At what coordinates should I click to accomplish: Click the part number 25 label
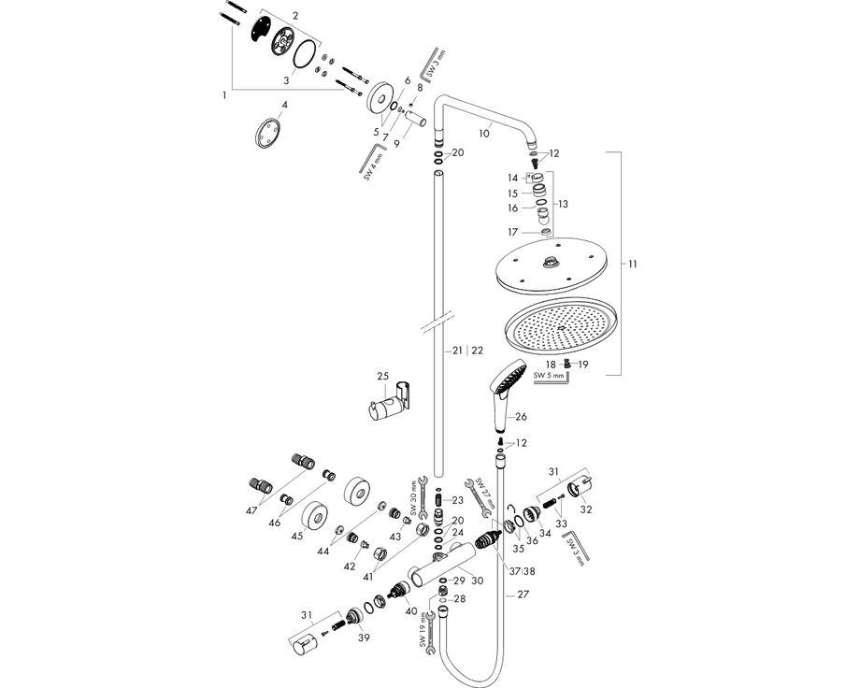point(382,376)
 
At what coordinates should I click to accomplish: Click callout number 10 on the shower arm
point(483,134)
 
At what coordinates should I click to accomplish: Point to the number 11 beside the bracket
point(633,265)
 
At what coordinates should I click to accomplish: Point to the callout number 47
point(252,511)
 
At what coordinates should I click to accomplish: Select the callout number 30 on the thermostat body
point(477,580)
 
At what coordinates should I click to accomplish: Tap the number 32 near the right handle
point(587,511)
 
